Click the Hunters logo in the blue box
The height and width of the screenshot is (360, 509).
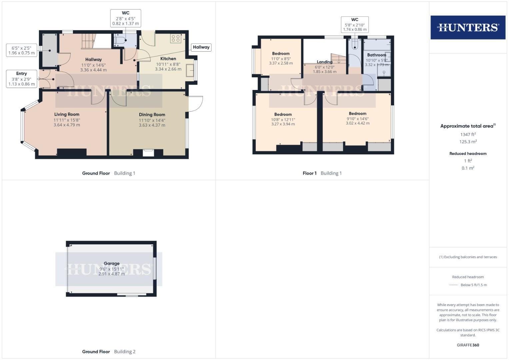(x=468, y=27)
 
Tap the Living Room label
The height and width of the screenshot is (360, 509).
(x=67, y=114)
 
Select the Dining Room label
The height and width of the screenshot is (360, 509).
(x=152, y=115)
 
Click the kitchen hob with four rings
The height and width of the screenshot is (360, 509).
(x=176, y=38)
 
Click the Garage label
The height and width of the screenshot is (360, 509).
(x=111, y=263)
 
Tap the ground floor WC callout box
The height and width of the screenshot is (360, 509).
(x=126, y=18)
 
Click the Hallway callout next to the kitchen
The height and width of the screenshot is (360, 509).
(x=201, y=47)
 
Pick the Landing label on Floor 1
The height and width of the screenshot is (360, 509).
(x=324, y=62)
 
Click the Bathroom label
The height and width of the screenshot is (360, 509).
(x=376, y=55)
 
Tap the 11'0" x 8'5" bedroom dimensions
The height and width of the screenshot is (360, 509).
(x=281, y=59)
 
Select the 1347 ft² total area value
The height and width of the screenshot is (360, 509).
(x=468, y=135)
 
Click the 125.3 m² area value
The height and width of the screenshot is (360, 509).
(x=468, y=142)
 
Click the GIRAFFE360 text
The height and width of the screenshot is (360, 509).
(x=468, y=345)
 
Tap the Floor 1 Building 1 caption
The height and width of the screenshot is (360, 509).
(x=322, y=173)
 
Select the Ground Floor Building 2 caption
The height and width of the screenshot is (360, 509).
(x=109, y=351)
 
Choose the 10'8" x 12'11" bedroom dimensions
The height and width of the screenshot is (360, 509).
(x=283, y=120)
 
